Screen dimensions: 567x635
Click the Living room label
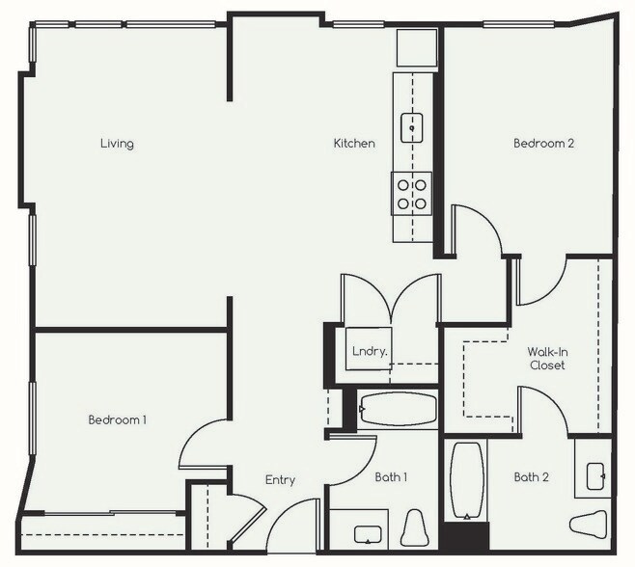117,144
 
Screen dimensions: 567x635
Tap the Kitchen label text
354,144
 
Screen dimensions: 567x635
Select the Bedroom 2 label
543,144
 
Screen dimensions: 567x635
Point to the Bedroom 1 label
117,419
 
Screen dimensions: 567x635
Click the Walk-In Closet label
546,359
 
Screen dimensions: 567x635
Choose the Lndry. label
370,352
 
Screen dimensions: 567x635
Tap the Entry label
280,480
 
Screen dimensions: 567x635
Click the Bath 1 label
390,476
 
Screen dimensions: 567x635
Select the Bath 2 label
532,476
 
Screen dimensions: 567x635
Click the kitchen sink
412,123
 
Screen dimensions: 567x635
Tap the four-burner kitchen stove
412,194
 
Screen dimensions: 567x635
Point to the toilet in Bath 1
415,527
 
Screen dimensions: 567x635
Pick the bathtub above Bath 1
398,410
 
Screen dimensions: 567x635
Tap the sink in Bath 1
368,533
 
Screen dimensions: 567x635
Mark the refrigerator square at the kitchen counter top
417,46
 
